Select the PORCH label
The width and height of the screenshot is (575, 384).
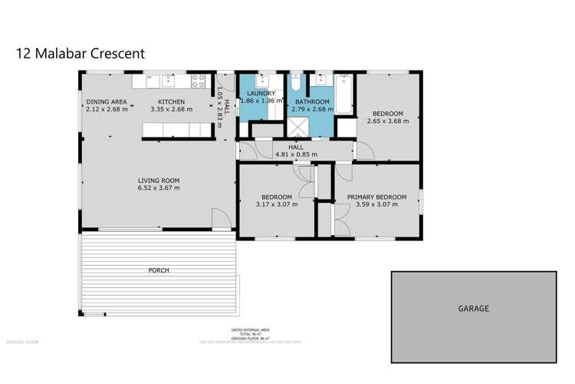point(159,270)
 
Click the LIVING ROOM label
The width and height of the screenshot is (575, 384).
point(158,180)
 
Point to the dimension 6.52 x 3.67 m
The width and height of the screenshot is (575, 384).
point(158,188)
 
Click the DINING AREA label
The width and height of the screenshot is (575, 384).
point(107,101)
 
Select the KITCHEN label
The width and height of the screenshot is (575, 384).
point(171,101)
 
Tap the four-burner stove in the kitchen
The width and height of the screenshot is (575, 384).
point(198,81)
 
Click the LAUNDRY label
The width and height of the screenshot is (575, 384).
point(261,93)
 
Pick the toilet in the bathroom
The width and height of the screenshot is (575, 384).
point(297,82)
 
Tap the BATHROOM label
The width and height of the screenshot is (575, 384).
point(312,101)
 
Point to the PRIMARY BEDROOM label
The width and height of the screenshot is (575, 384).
point(376,197)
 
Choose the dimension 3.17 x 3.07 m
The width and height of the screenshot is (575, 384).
point(275,204)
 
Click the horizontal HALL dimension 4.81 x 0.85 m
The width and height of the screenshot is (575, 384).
point(295,155)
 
